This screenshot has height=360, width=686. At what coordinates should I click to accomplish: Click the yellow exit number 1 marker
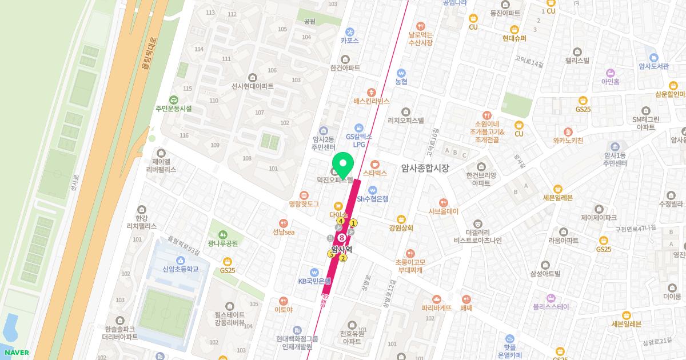[x=354, y=223]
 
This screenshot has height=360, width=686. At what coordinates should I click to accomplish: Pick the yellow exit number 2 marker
[x=343, y=258]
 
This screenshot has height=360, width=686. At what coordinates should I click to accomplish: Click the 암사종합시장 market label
[x=425, y=168]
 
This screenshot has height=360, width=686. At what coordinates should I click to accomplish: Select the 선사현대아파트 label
[x=252, y=86]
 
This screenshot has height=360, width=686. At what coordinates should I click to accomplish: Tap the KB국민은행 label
[x=314, y=281]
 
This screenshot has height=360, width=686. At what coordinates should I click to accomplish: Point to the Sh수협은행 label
[x=372, y=199]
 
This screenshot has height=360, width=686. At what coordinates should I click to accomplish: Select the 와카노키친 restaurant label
[x=568, y=140]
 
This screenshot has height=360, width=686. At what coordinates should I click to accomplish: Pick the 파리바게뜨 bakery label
[x=437, y=307]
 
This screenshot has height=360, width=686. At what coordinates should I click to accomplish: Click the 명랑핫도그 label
[x=304, y=203]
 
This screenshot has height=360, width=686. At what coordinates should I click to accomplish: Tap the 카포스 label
[x=349, y=40]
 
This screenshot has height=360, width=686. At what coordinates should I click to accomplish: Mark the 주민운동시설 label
[x=173, y=108]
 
